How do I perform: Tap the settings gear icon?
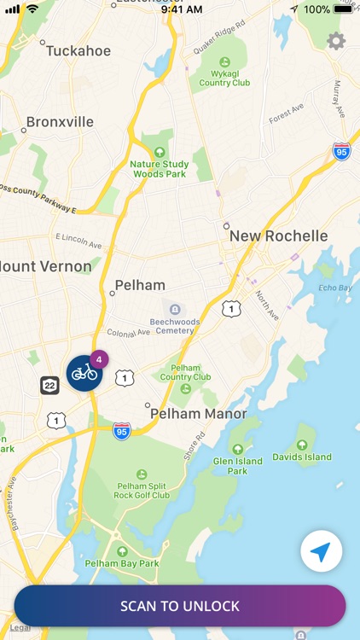coord(336,41)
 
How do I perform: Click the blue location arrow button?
coord(321,552)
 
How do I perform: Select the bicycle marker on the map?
coord(84,373)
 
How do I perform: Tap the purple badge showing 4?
coord(99,359)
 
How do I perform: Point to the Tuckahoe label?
coord(78,51)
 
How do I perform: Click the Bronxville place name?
coord(60,122)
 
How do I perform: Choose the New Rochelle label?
coord(278,236)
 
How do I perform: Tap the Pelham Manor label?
coord(198,414)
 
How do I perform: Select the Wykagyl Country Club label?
coord(224,78)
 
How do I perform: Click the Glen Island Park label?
coord(237,466)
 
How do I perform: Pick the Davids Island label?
coord(302,457)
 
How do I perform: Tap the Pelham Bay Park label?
coord(122,563)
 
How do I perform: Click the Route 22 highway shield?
coord(49,386)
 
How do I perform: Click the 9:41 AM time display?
coord(181,9)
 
